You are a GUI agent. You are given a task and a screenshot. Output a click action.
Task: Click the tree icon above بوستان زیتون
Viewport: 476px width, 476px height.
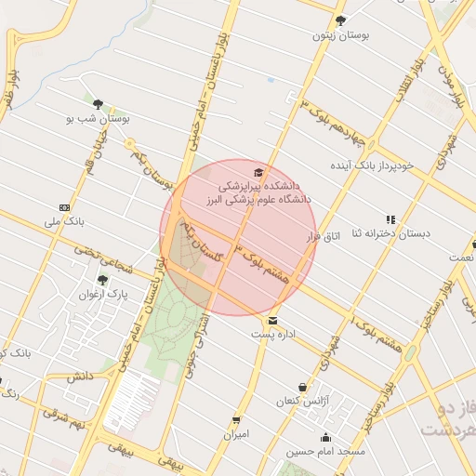pyautogui.click(x=340, y=20)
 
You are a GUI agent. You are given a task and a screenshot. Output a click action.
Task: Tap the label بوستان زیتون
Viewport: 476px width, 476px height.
pyautogui.click(x=340, y=35)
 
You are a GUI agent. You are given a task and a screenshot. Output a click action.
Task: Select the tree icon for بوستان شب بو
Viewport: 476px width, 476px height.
pyautogui.click(x=98, y=104)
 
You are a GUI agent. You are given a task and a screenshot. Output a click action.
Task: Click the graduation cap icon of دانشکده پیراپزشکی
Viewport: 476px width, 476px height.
pyautogui.click(x=258, y=172)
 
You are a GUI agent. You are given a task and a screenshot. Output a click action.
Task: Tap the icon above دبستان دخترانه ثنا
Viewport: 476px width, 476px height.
pyautogui.click(x=390, y=219)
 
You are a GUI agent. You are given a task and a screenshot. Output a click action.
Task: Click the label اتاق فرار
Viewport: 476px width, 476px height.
pyautogui.click(x=324, y=237)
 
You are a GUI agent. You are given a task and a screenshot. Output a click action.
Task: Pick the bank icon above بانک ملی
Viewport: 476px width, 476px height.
pyautogui.click(x=64, y=206)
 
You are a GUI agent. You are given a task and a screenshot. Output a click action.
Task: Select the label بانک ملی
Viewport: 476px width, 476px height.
pyautogui.click(x=64, y=223)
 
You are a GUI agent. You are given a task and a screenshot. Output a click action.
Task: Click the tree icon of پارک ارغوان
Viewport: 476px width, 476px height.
pyautogui.click(x=102, y=279)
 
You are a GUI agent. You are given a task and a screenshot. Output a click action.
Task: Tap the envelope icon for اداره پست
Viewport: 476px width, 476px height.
pyautogui.click(x=271, y=320)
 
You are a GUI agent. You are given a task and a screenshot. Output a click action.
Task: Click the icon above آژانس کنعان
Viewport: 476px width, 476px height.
pyautogui.click(x=302, y=387)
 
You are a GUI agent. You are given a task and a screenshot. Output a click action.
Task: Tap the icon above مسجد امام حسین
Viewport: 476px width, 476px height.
pyautogui.click(x=324, y=438)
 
